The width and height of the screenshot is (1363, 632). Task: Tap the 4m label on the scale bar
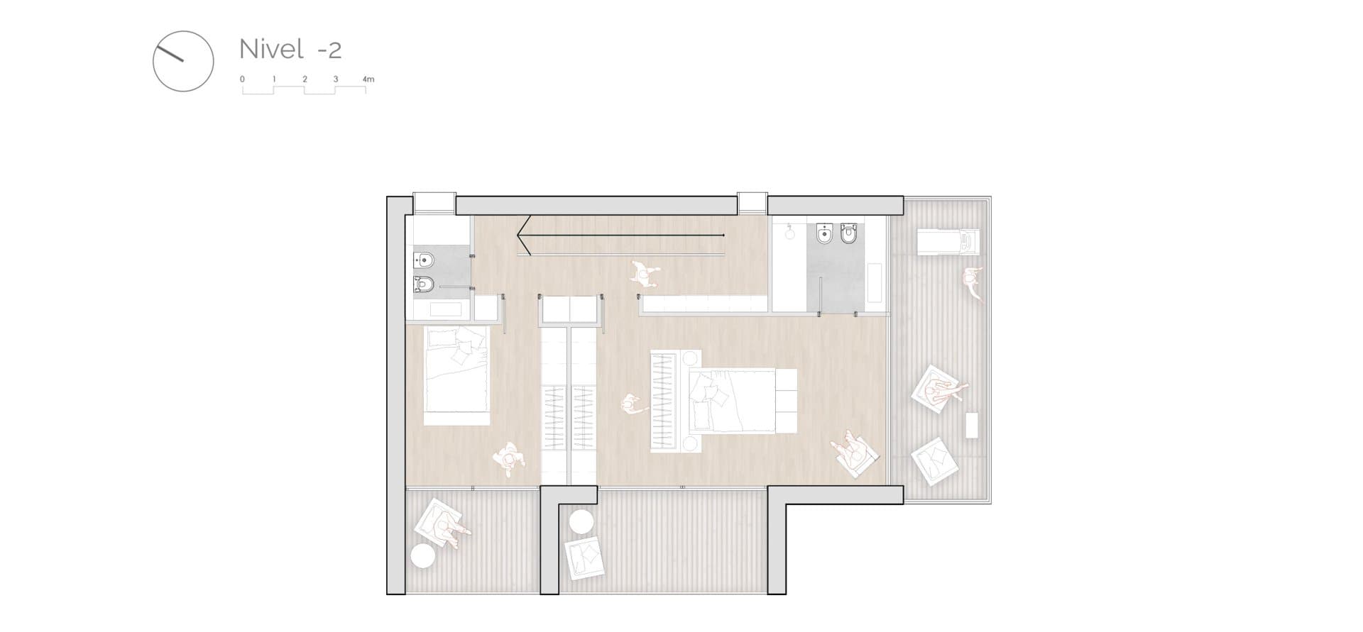368,79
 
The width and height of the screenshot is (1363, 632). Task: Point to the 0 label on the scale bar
243,79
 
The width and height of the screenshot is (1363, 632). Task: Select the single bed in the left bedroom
457,375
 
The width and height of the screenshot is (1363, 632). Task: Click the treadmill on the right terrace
948,241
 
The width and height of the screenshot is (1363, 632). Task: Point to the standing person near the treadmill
973,283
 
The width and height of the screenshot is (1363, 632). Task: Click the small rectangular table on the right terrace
973,424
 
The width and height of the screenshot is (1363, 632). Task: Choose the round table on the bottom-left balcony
423,555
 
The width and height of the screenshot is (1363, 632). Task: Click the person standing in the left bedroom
510,459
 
